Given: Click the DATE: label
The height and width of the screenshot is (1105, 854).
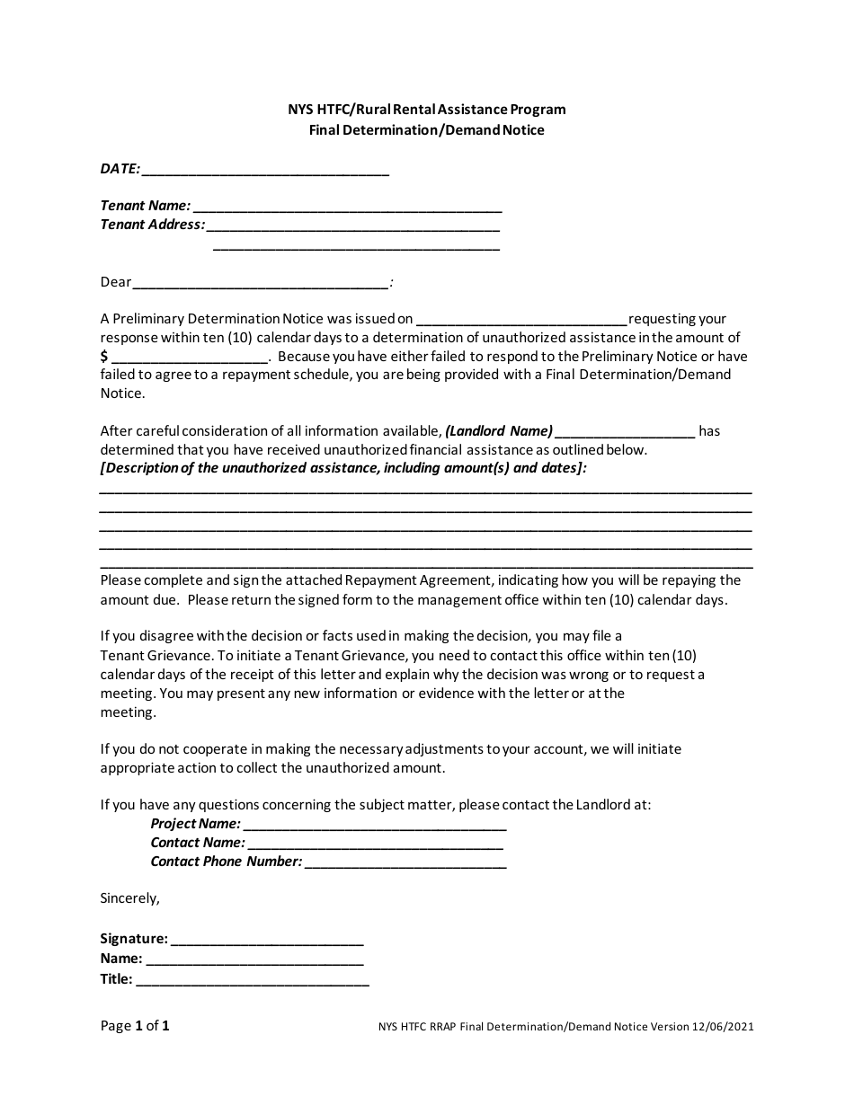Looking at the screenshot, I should (x=120, y=168).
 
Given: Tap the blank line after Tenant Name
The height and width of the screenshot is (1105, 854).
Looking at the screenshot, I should (x=347, y=208).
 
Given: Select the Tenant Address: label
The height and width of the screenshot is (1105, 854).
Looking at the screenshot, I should (x=152, y=225).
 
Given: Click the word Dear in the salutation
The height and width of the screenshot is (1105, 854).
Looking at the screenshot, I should (x=116, y=282).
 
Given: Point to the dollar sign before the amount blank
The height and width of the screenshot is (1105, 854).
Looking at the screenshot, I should (x=104, y=357).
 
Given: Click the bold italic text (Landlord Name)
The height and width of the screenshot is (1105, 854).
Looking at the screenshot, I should (x=499, y=431).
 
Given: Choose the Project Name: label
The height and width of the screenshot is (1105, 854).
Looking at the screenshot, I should (x=195, y=824).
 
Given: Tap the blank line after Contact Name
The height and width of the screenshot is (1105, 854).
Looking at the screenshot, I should (x=375, y=844).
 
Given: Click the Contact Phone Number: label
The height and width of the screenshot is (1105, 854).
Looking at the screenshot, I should (x=226, y=862).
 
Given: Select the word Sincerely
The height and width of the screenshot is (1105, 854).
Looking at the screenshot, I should (x=129, y=897).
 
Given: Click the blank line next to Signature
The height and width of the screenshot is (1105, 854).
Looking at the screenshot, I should (x=267, y=941).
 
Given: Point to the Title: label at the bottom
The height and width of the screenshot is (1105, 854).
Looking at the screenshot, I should (x=116, y=979).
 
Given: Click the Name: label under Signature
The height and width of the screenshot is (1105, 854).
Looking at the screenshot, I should (x=120, y=959).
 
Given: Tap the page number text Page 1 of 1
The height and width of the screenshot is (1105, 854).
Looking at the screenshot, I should (x=135, y=1026).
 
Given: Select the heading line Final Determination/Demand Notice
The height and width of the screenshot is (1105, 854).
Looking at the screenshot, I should (x=427, y=129).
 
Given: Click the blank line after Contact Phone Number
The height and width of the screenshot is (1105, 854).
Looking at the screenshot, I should (x=405, y=863).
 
